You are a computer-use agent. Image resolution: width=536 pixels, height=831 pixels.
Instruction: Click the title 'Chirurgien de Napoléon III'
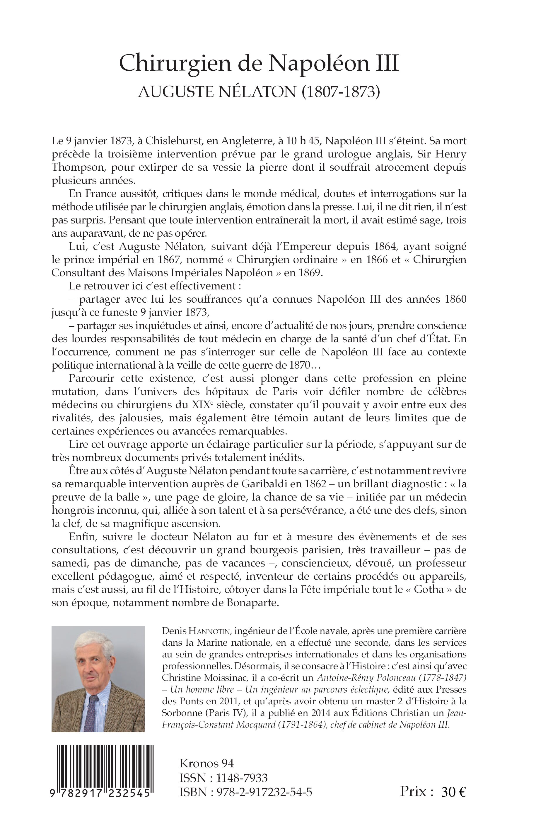tap(259, 64)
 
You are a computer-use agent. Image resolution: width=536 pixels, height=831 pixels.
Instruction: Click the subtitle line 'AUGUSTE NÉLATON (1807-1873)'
tap(259, 92)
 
